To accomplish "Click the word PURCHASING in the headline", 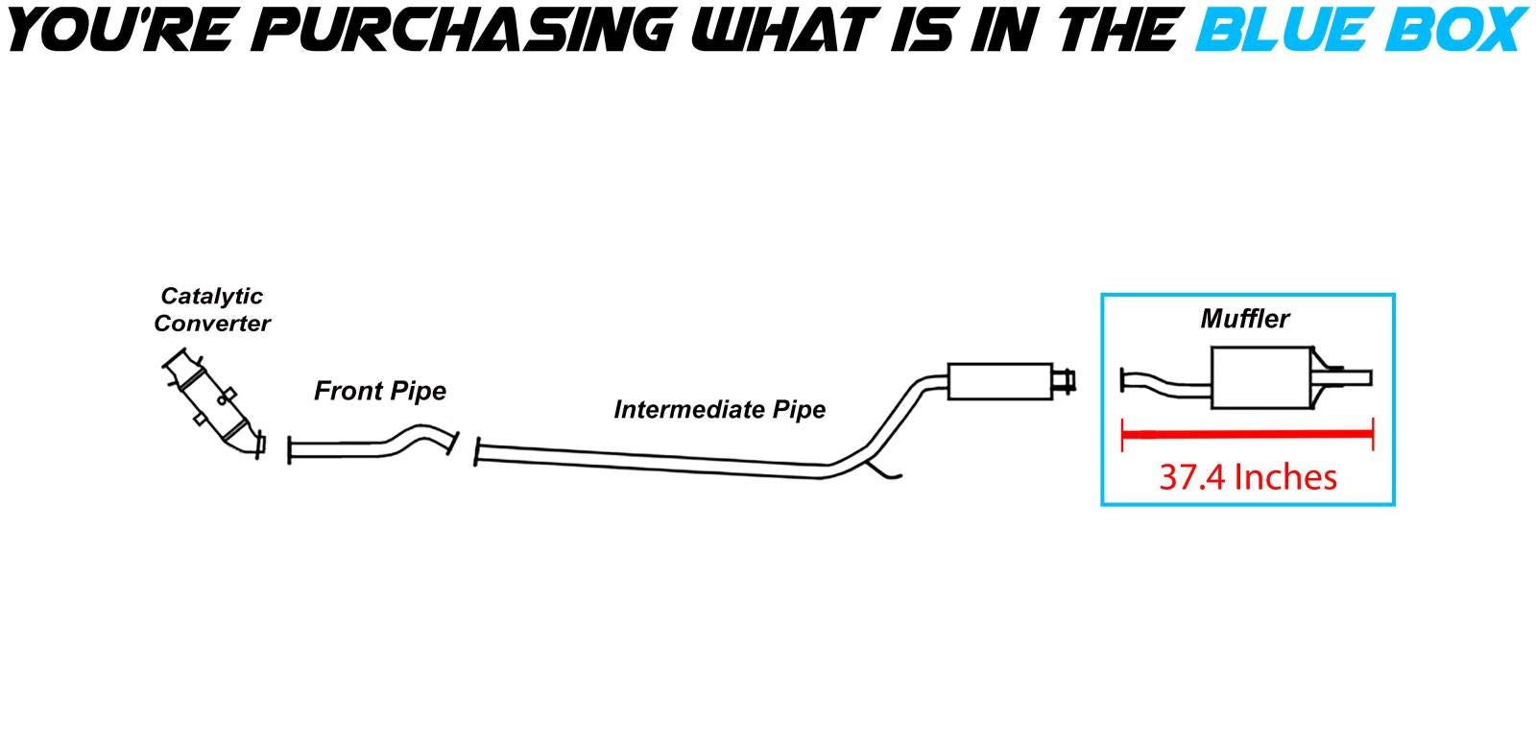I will pyautogui.click(x=468, y=29).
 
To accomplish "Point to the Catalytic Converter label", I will pyautogui.click(x=212, y=310).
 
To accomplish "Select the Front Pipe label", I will pyautogui.click(x=380, y=392).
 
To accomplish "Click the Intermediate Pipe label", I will pyautogui.click(x=720, y=410).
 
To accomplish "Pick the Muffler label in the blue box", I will pyautogui.click(x=1244, y=319).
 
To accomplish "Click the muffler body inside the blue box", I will pyautogui.click(x=1260, y=377).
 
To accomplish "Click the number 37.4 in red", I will pyautogui.click(x=1192, y=477).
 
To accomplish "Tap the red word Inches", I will pyautogui.click(x=1286, y=477).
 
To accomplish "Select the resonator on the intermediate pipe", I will pyautogui.click(x=1000, y=381).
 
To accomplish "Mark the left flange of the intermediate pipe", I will pyautogui.click(x=477, y=453).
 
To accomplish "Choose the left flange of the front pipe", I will pyautogui.click(x=290, y=449).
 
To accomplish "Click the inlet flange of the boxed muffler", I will pyautogui.click(x=1123, y=380).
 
